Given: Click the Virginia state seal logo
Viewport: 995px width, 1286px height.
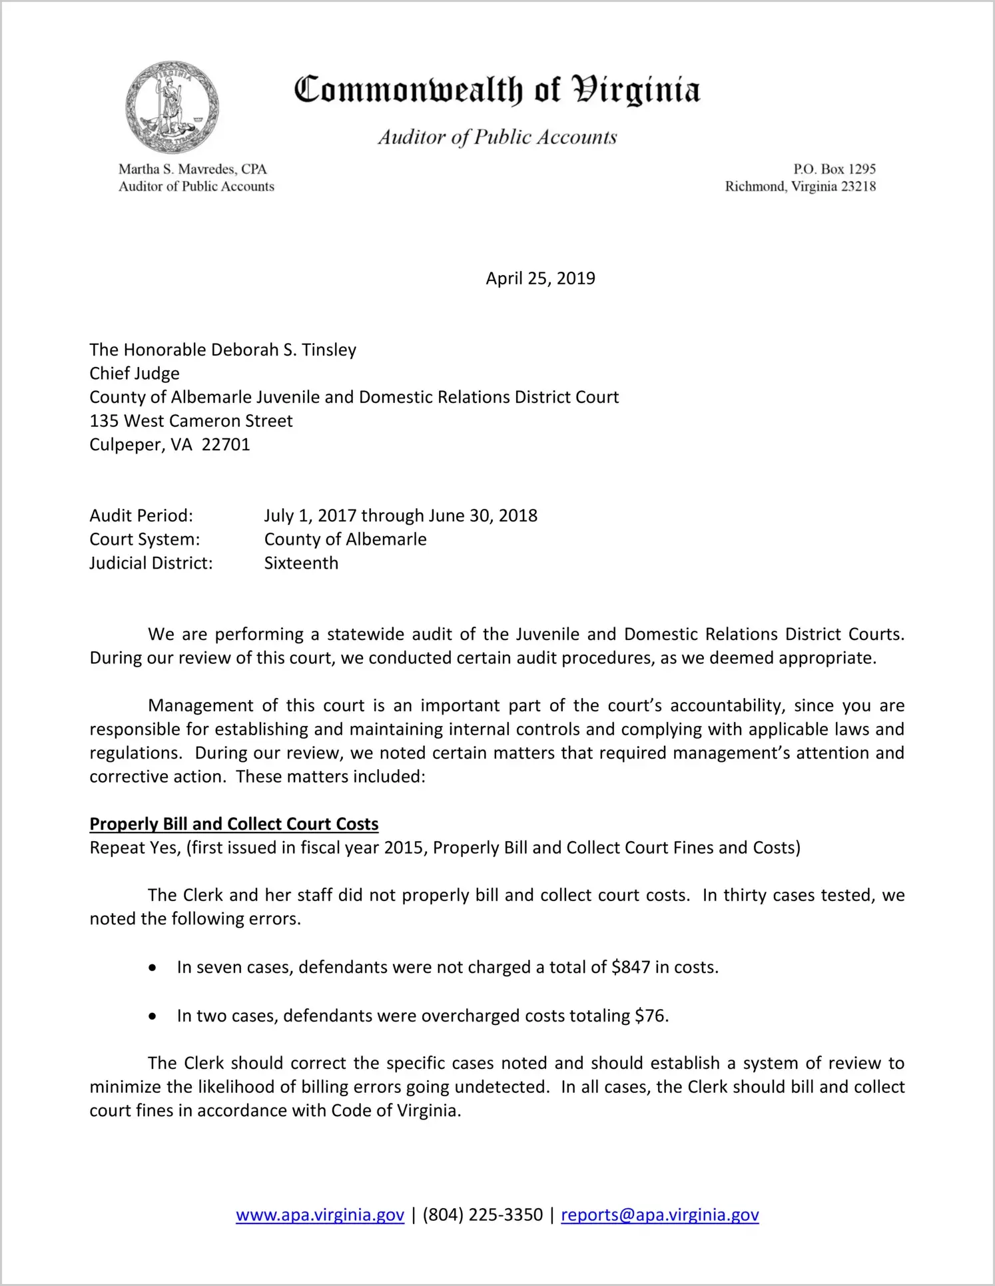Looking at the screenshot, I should point(172,108).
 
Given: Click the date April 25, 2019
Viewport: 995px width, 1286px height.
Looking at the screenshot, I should point(540,278).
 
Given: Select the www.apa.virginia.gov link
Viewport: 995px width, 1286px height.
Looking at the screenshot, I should point(320,1215).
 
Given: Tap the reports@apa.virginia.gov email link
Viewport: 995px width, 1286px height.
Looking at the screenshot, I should point(659,1215).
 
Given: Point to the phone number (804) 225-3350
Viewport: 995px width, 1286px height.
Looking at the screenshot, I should point(482,1215).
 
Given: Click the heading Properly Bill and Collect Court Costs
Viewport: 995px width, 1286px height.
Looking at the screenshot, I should point(234,824).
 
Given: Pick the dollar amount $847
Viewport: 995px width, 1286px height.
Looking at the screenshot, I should point(631,967).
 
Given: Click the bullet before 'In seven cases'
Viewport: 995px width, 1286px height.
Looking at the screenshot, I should point(153,968).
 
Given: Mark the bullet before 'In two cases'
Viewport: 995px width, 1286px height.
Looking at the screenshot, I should point(153,1016).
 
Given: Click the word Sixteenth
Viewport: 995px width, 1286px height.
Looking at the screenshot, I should point(301,563).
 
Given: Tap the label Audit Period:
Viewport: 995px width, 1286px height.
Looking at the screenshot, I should point(141,515).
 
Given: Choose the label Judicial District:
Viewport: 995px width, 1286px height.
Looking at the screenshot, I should point(151,563).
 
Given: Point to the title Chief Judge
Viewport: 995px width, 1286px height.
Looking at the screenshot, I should point(135,374).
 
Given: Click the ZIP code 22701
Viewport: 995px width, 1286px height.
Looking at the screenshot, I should point(226,445).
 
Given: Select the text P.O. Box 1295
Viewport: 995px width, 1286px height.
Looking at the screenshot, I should point(834,169).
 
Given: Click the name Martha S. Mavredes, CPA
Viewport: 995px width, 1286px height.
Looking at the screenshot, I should point(192,169).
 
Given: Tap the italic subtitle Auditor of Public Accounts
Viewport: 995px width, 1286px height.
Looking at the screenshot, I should point(497,137).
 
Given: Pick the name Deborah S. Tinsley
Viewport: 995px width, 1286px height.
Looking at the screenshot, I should point(284,350).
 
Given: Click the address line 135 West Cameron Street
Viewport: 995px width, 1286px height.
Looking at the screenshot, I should point(191,421).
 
